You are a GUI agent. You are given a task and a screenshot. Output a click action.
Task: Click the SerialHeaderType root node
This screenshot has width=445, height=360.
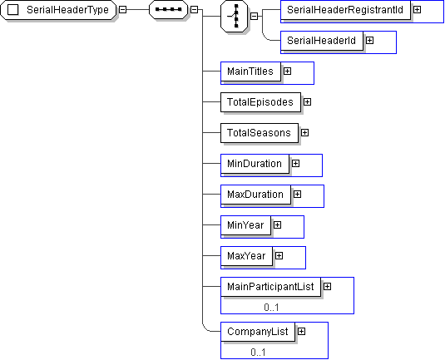(x=58, y=10)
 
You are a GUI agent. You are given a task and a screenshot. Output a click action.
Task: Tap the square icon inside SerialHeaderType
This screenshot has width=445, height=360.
(x=12, y=10)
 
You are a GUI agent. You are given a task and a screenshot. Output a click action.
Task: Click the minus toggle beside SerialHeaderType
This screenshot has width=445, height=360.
(x=122, y=10)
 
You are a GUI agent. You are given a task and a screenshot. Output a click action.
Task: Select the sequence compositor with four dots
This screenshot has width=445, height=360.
(x=168, y=10)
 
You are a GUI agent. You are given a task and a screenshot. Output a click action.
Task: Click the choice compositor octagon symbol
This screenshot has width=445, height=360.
(x=234, y=16)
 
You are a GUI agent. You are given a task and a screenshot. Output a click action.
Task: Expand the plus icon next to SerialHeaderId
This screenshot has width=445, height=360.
(x=369, y=41)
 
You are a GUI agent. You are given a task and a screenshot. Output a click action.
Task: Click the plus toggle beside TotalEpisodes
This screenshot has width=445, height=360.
(x=308, y=101)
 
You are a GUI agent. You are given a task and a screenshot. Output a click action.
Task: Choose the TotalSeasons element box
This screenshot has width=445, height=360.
(x=260, y=133)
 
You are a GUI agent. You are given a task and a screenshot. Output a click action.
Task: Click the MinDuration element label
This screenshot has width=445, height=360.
(x=255, y=164)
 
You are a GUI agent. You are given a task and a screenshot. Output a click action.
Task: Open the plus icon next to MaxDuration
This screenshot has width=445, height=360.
(x=297, y=195)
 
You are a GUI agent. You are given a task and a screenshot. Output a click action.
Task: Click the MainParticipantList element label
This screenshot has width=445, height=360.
(x=270, y=287)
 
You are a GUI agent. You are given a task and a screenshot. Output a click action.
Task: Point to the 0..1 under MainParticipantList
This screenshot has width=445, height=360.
(x=271, y=308)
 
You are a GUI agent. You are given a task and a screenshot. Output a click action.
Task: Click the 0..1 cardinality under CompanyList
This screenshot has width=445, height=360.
(x=258, y=353)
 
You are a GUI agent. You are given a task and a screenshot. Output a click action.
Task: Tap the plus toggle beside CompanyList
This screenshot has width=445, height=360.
(x=301, y=332)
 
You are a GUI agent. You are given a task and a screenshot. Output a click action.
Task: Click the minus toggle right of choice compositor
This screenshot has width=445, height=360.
(x=255, y=16)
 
